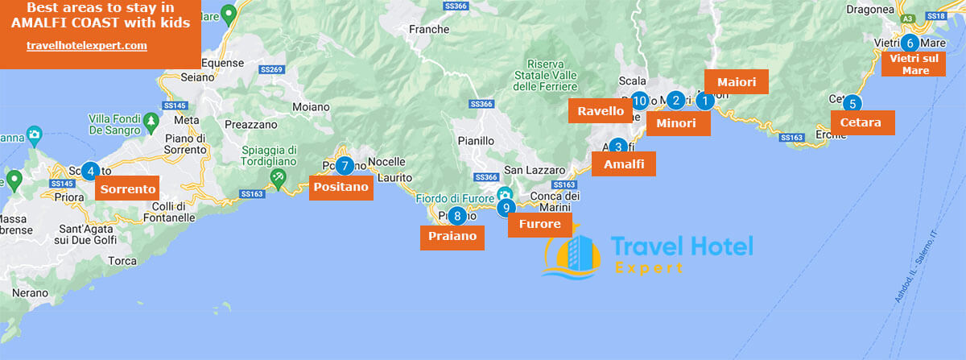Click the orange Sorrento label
[x=127, y=189]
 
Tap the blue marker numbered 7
[x=345, y=167]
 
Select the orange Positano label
[x=341, y=188]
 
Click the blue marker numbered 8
[x=457, y=215]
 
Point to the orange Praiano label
[x=452, y=237]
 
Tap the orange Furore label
[x=540, y=225]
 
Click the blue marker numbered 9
[x=506, y=208]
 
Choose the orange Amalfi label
[x=624, y=164]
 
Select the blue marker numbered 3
[x=618, y=147]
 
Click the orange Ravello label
[x=601, y=111]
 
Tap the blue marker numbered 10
[x=640, y=101]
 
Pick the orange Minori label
[x=679, y=122]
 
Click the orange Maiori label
[x=736, y=82]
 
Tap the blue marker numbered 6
[x=910, y=43]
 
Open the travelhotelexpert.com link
[x=87, y=46]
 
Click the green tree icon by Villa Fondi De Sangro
[x=151, y=121]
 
